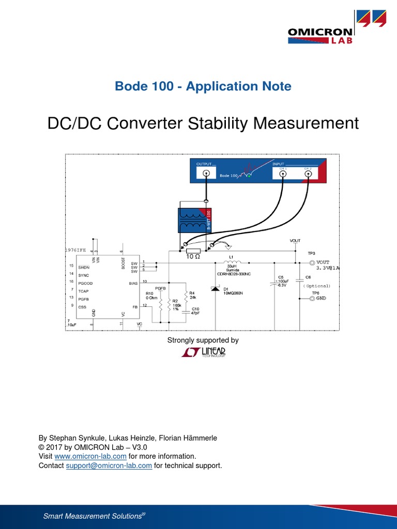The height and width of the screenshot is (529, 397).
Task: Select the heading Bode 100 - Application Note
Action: click(x=203, y=86)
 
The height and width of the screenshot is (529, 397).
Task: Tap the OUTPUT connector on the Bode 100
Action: click(x=206, y=174)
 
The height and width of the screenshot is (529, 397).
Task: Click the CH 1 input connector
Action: click(x=283, y=174)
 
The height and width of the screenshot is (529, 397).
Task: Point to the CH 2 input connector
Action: click(x=308, y=174)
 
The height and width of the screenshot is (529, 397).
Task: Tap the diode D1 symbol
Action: click(x=216, y=288)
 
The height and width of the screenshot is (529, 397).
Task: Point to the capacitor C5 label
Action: click(x=281, y=277)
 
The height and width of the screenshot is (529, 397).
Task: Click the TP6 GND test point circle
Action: click(x=312, y=299)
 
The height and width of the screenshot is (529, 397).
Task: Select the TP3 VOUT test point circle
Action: click(x=312, y=263)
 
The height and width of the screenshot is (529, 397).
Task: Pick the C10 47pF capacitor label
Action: click(x=195, y=310)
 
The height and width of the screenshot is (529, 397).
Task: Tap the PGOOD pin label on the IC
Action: click(x=85, y=283)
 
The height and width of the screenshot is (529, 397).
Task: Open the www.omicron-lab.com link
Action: click(x=90, y=456)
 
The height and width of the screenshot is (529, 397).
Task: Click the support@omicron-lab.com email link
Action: click(x=109, y=465)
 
